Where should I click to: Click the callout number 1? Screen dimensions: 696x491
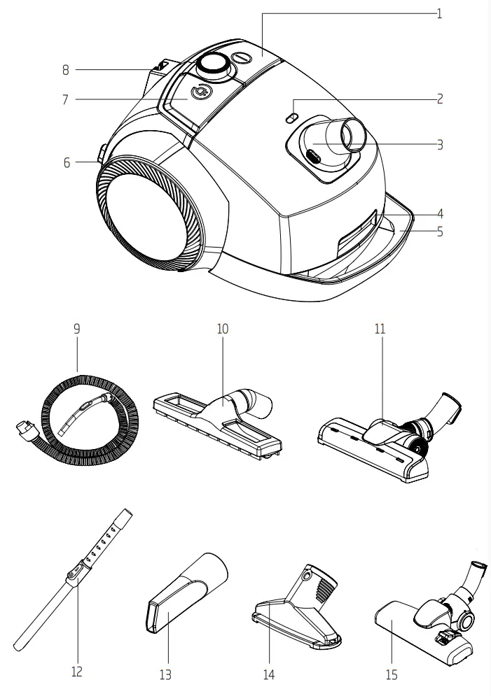[439, 14]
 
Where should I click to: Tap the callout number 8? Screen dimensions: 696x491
[65, 70]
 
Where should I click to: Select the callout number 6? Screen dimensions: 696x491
[67, 162]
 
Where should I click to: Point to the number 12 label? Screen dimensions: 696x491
[77, 672]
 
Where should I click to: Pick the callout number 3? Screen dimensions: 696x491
[439, 145]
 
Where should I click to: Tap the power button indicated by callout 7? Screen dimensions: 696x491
[200, 91]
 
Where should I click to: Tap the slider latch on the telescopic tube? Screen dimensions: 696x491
[73, 575]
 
